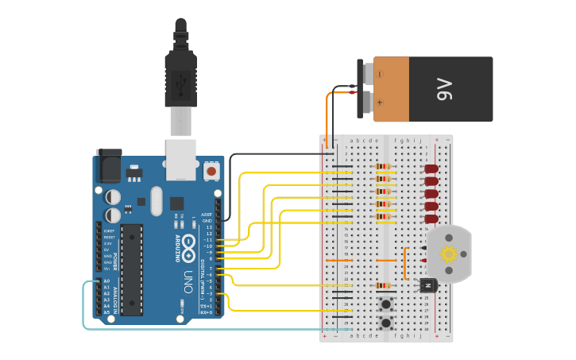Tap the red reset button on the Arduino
click(211, 170)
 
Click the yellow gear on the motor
click(448, 254)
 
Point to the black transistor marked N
click(428, 285)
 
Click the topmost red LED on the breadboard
click(431, 169)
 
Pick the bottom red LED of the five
click(431, 218)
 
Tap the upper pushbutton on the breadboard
click(387, 304)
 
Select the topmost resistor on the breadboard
click(383, 168)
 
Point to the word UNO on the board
click(188, 281)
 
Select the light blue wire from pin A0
click(84, 310)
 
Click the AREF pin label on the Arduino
click(207, 215)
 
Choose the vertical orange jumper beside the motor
click(404, 262)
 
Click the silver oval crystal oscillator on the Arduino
click(156, 200)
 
